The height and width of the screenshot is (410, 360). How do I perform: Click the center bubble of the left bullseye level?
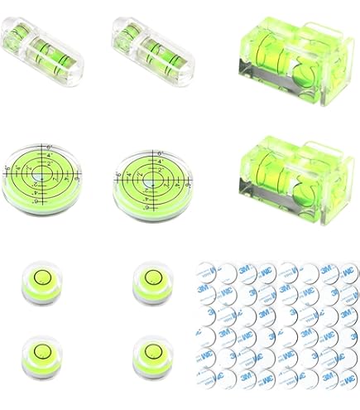coord(40,175)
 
